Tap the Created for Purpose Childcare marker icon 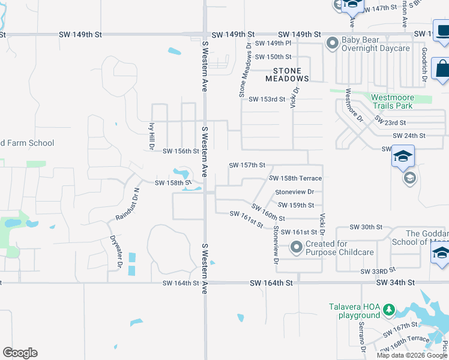pos(296,247)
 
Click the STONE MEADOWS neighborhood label pos(288,75)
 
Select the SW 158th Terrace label pos(295,178)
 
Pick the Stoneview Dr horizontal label pos(294,192)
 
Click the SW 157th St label pos(247,165)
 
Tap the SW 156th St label pos(181,151)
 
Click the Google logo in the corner pos(20,353)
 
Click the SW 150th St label pos(273,57)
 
